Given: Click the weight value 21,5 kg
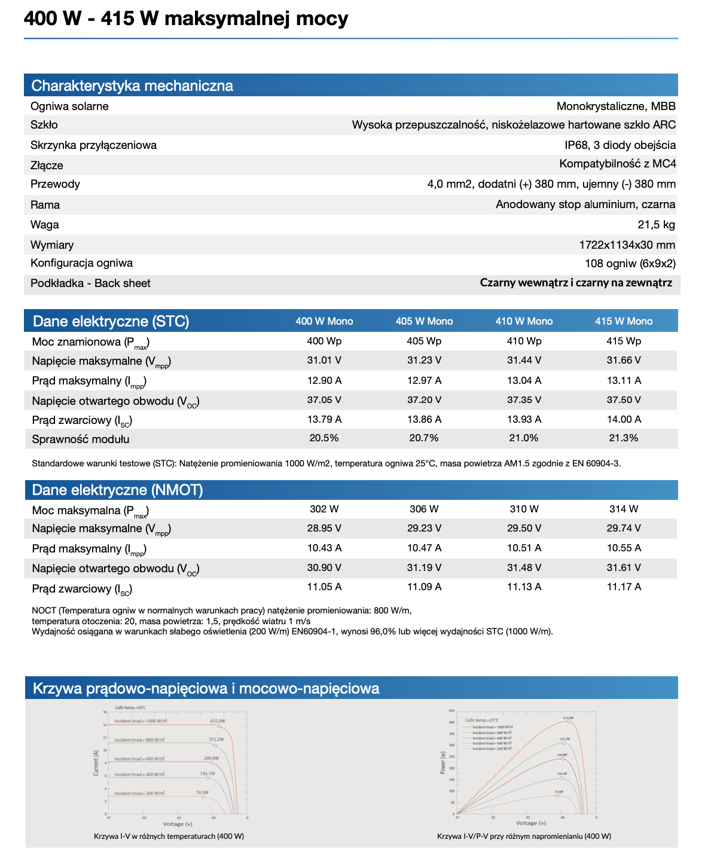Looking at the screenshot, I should pyautogui.click(x=656, y=225).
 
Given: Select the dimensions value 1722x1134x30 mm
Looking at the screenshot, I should pyautogui.click(x=627, y=245).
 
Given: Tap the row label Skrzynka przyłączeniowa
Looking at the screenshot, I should pyautogui.click(x=94, y=145).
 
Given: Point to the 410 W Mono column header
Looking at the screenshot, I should pyautogui.click(x=524, y=321).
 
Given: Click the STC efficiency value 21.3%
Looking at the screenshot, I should pyautogui.click(x=624, y=438).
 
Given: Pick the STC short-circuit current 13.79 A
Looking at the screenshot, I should pyautogui.click(x=325, y=419).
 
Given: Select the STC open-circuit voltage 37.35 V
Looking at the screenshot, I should pyautogui.click(x=524, y=399).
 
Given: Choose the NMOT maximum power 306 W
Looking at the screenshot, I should pyautogui.click(x=424, y=509).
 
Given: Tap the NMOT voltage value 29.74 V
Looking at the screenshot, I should pyautogui.click(x=624, y=528).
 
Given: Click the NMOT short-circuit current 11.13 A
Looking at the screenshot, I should pyautogui.click(x=524, y=587).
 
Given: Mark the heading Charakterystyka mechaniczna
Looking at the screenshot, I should pyautogui.click(x=132, y=86).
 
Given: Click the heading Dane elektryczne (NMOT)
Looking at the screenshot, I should pyautogui.click(x=118, y=490).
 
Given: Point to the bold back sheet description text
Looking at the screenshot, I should pyautogui.click(x=576, y=283).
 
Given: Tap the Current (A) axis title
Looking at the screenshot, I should pyautogui.click(x=96, y=763).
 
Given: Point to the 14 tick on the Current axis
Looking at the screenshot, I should pyautogui.click(x=105, y=725).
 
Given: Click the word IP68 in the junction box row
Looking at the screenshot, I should pyautogui.click(x=576, y=145).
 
